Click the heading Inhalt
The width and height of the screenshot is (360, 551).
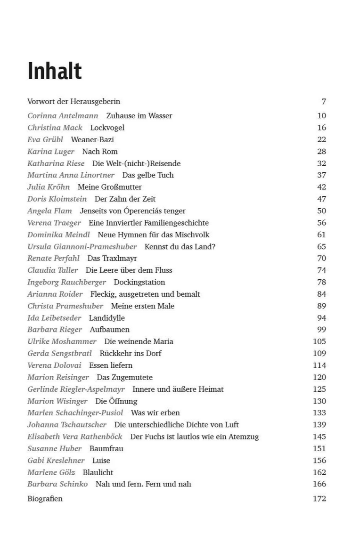(55, 71)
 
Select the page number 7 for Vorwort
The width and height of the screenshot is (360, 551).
(323, 101)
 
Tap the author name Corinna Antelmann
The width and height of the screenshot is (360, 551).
(63, 115)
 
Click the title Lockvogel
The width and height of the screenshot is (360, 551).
(107, 128)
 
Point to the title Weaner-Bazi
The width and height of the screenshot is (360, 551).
(92, 139)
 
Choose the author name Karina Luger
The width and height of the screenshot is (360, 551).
(51, 151)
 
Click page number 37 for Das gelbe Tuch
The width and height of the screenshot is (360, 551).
(321, 175)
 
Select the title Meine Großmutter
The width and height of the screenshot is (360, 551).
(109, 187)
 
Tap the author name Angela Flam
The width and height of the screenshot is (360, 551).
(49, 211)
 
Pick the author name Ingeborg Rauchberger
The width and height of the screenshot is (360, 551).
(66, 282)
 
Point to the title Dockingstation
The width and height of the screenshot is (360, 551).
(139, 282)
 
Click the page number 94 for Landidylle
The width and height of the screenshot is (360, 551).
(321, 318)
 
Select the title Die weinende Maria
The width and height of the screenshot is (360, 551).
(139, 341)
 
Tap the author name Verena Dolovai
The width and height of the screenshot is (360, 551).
(54, 365)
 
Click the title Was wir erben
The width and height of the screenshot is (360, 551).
(155, 413)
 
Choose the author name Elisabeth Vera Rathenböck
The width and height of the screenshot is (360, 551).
(74, 437)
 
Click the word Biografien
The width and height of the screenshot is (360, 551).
(45, 499)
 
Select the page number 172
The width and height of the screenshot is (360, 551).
(319, 499)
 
